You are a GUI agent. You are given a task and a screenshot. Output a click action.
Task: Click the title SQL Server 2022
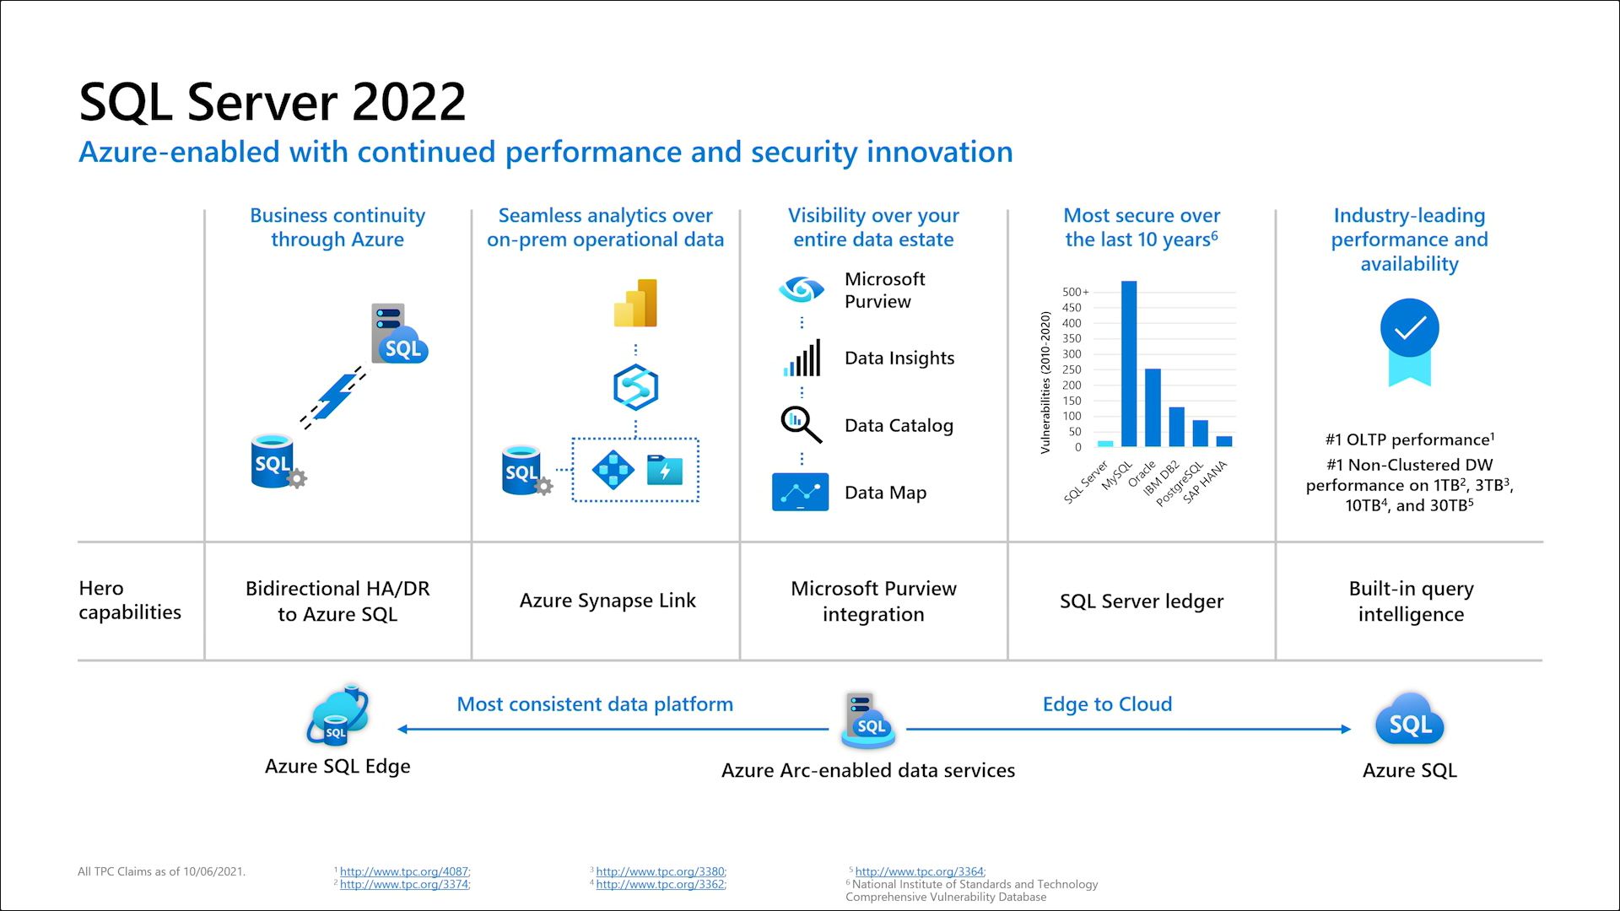coord(272,102)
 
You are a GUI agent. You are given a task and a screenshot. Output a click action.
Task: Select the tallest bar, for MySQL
coord(1129,364)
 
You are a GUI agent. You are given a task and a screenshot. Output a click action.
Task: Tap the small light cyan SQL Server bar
coord(1105,444)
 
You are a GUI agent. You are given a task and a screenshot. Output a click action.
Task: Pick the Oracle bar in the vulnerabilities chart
coord(1153,407)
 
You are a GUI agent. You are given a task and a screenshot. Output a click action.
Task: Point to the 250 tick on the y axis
coord(1072,369)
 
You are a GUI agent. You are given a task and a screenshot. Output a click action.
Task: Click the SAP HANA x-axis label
coord(1205,482)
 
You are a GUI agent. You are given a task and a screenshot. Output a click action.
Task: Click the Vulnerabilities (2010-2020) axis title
coord(1045,383)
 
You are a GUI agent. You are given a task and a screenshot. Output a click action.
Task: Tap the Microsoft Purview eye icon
coord(801,289)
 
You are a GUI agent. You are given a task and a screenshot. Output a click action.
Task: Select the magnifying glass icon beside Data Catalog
coord(801,424)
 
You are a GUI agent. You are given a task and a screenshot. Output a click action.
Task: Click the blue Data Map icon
coord(800,492)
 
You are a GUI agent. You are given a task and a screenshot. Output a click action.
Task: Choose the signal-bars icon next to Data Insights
coord(802,358)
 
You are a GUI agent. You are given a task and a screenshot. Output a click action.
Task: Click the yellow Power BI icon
coord(635,303)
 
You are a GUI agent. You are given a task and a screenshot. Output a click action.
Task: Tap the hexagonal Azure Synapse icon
coord(635,387)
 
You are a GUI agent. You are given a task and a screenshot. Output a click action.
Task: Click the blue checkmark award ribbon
coord(1409,342)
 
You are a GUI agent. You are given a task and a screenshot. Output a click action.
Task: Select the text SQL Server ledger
coord(1142,601)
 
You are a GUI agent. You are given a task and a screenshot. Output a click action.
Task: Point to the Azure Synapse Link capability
coord(607,601)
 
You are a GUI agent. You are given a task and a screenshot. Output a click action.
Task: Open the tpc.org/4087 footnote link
coord(404,871)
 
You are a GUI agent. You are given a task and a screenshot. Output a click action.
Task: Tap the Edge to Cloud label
coord(1107,704)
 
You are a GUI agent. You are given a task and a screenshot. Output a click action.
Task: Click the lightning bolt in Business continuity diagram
coord(334,396)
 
